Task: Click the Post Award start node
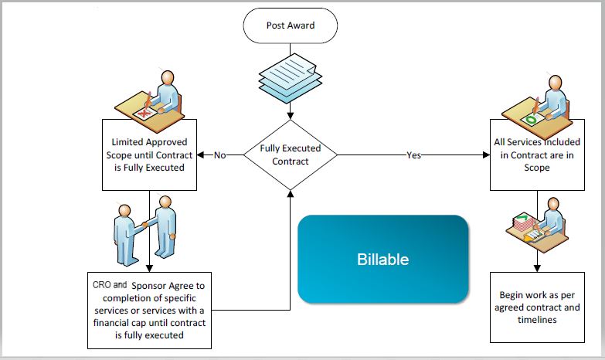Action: [x=291, y=25]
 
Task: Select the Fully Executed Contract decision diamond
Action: [x=291, y=155]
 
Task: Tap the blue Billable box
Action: [x=383, y=258]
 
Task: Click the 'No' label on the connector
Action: [x=220, y=155]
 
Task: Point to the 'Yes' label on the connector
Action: [x=414, y=155]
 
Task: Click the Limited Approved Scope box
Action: [x=149, y=155]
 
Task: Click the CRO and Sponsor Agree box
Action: [x=149, y=307]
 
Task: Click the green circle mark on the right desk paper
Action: [x=531, y=121]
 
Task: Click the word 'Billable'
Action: [x=383, y=258]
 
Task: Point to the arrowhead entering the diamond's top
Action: [x=291, y=117]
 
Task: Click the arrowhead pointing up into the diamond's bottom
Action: [x=291, y=191]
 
